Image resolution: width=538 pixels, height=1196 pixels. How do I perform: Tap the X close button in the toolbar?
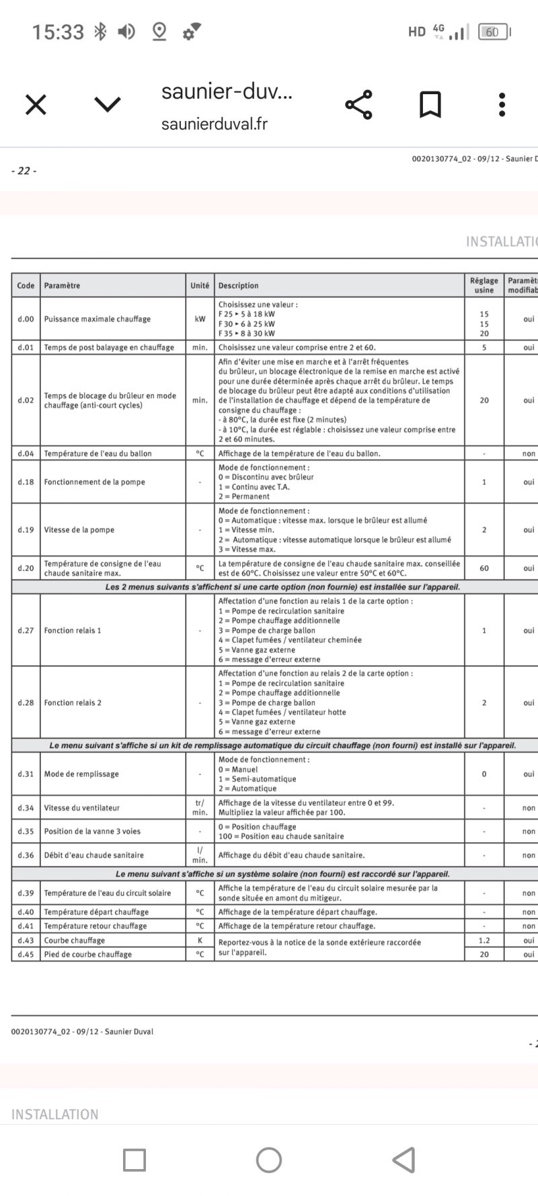36,104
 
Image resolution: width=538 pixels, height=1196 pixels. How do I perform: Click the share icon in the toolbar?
358,104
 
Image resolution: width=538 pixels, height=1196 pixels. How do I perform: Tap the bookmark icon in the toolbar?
430,104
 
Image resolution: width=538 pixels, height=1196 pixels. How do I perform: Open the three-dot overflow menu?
502,104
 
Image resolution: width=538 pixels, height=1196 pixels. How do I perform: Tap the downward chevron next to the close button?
108,104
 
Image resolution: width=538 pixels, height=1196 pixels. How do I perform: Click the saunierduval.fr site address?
214,124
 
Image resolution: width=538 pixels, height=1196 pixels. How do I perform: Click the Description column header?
238,285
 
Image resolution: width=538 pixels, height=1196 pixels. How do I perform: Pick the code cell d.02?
26,400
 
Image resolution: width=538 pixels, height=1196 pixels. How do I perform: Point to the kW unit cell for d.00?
200,319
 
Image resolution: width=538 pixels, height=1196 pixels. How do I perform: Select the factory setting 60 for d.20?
484,568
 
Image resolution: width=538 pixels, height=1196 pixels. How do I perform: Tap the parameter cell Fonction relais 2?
73,703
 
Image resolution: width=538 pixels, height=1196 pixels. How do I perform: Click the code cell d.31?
26,774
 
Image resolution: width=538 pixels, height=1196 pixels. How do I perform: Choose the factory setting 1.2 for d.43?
484,940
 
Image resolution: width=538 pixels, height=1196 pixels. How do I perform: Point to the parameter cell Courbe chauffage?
74,940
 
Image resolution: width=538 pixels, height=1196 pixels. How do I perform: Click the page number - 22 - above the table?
24,171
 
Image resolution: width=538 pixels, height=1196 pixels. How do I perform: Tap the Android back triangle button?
403,1160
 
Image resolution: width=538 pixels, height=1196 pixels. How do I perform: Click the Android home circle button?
269,1160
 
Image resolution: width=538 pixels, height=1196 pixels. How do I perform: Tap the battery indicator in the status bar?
493,32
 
